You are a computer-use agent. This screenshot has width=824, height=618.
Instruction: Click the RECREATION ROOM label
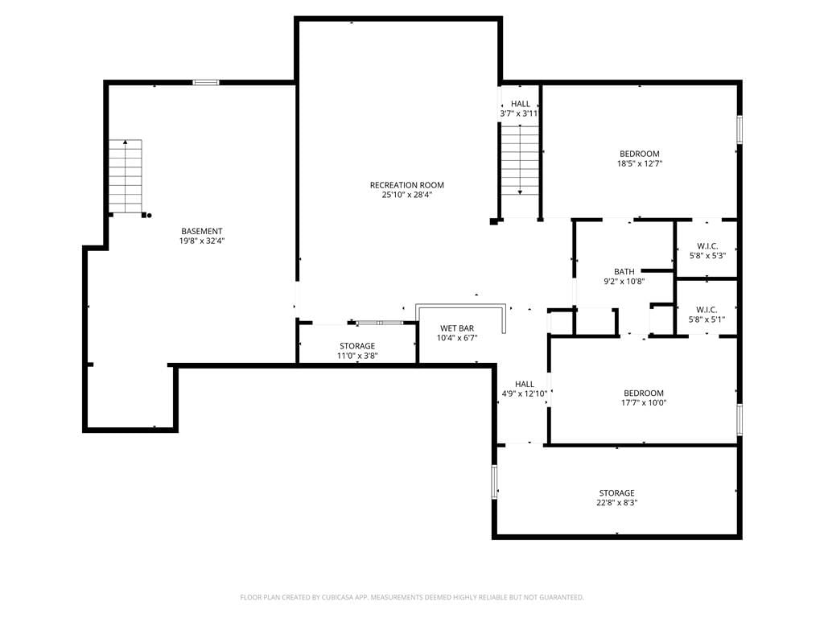point(406,185)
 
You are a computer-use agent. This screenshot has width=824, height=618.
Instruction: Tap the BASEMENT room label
point(202,231)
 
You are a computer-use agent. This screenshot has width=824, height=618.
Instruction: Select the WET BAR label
point(457,328)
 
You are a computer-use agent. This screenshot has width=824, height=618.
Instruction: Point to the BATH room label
point(624,272)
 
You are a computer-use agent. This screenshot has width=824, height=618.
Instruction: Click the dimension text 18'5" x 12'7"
point(640,163)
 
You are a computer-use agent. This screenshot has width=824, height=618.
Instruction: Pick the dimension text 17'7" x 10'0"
point(644,403)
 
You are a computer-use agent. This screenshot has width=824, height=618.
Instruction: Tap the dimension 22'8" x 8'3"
point(617,503)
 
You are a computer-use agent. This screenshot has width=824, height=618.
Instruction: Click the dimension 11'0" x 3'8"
point(357,356)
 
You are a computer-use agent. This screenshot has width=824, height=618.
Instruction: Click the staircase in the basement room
point(126,176)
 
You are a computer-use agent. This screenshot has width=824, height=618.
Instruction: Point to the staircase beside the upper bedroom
point(520,160)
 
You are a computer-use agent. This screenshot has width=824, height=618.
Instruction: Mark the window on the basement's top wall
point(205,82)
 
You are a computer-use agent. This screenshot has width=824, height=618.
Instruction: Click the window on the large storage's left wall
point(495,481)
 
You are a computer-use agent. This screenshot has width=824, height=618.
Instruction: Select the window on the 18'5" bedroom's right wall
point(740,130)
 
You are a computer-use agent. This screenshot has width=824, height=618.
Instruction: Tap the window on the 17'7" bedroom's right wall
point(740,419)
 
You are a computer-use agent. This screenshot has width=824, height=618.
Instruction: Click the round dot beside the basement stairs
point(149,215)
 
